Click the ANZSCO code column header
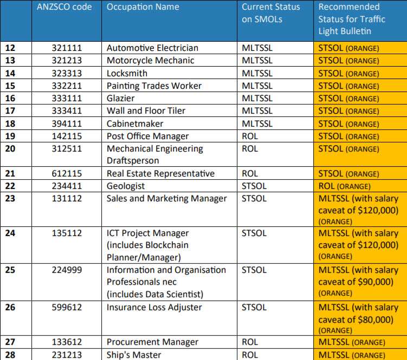(64, 8)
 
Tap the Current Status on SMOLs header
(270, 13)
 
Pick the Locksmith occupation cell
(127, 73)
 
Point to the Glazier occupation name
(120, 98)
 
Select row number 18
(10, 123)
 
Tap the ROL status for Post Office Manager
(250, 136)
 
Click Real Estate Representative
(160, 174)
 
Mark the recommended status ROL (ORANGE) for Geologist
(348, 186)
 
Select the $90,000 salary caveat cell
(358, 282)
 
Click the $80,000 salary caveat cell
(358, 319)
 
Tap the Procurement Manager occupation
(152, 342)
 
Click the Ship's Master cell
(134, 355)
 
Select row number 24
(10, 233)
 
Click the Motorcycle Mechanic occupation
(150, 61)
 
